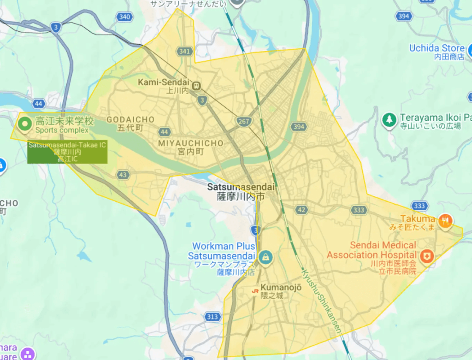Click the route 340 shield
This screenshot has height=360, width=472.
tap(124, 17)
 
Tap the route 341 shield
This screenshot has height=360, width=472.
tap(185, 51)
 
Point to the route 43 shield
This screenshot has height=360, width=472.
tap(123, 175)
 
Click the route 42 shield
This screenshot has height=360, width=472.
tap(301, 210)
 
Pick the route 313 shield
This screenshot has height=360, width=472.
tap(212, 317)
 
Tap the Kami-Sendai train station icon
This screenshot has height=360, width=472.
tap(197, 85)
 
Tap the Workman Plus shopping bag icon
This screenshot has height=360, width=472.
tap(265, 256)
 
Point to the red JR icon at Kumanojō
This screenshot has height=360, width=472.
tap(254, 291)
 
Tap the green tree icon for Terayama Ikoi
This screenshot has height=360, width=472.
tap(389, 120)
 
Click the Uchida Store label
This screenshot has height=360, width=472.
tap(437, 48)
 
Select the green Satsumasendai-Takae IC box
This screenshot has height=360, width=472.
tap(67, 152)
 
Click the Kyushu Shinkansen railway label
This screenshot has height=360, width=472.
tap(322, 300)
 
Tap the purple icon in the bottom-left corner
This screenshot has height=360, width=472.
tap(28, 354)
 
